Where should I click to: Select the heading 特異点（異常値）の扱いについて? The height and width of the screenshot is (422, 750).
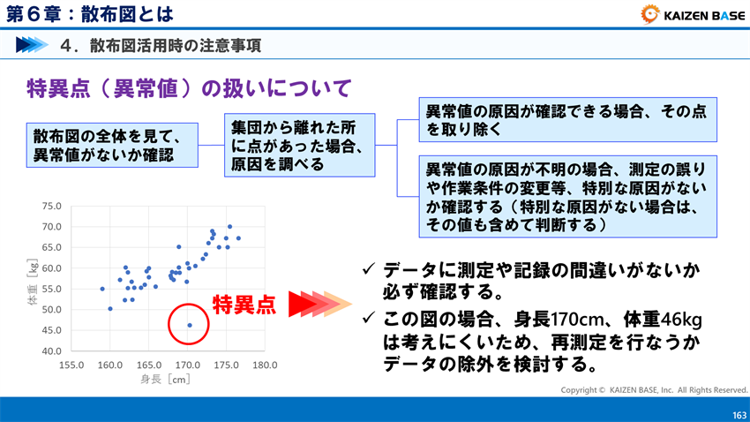[x=190, y=87]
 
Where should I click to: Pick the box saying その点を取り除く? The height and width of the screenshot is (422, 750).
[x=569, y=120]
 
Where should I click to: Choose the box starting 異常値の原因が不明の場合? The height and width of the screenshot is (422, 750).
[x=569, y=197]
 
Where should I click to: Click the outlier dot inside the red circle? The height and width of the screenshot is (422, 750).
[x=190, y=325]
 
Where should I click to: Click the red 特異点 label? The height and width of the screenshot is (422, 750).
[x=244, y=305]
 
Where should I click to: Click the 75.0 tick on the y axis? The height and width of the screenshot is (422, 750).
[x=51, y=207]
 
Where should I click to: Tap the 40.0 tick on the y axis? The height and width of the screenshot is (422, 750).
[x=51, y=351]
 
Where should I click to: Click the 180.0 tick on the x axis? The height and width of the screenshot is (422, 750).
[x=265, y=365]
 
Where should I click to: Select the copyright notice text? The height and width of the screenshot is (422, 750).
[x=654, y=389]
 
